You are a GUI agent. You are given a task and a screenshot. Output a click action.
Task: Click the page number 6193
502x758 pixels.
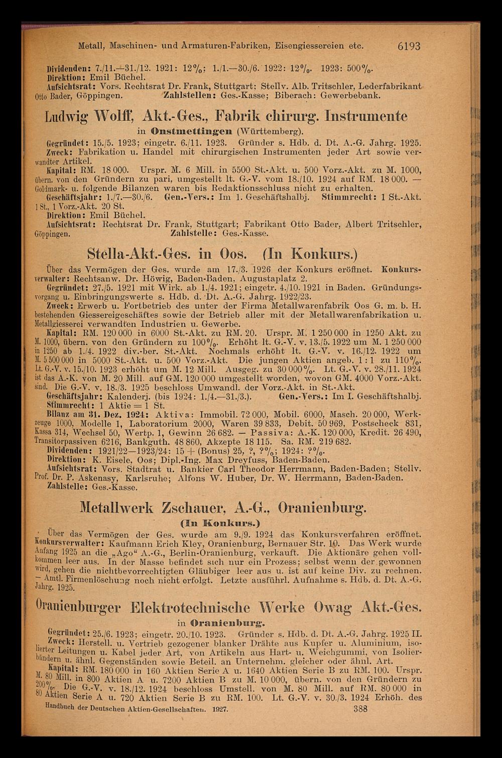click(x=408, y=46)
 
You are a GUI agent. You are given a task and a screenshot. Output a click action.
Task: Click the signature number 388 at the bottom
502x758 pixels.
click(x=360, y=709)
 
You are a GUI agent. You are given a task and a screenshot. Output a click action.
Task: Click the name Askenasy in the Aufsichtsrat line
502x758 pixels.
click(x=102, y=477)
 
